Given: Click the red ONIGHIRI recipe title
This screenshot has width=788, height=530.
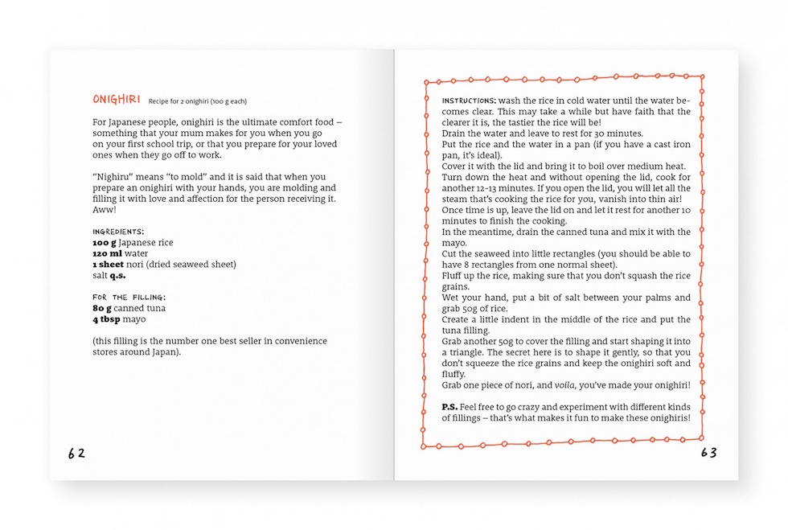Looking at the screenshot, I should (x=117, y=100).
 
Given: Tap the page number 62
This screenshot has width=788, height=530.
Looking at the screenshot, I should (x=76, y=453).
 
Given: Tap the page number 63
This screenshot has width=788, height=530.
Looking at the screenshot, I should (x=708, y=453).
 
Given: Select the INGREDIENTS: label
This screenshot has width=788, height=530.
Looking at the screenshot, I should (x=118, y=232).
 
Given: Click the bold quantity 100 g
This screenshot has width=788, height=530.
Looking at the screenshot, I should (x=104, y=242).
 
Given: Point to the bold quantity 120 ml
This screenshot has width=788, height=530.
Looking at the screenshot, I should (x=106, y=253).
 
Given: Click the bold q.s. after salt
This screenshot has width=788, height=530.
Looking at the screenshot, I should (x=119, y=275).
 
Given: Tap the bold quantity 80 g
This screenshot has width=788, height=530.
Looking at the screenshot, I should (x=102, y=308).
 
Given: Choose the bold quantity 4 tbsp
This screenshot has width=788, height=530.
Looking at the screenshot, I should (x=107, y=319).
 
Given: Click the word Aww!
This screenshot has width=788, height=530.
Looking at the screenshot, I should (x=104, y=209).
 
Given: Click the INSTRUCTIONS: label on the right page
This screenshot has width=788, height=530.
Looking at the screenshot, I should (x=470, y=101).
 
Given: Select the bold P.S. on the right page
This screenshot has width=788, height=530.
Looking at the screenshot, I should (x=450, y=407).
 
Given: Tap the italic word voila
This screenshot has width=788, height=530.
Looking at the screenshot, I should (x=565, y=385).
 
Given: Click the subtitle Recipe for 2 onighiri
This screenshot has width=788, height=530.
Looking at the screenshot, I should (x=198, y=101).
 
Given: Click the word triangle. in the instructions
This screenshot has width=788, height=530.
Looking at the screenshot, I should (x=466, y=352).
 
